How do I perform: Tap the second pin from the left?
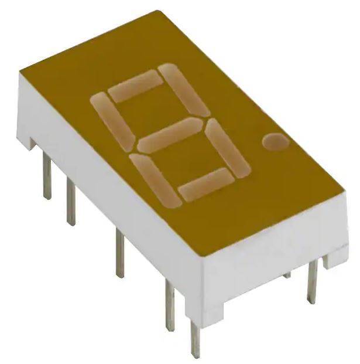coord(71,202)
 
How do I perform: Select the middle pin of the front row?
coord(119,252)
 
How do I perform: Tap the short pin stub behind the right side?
coord(287,275)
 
